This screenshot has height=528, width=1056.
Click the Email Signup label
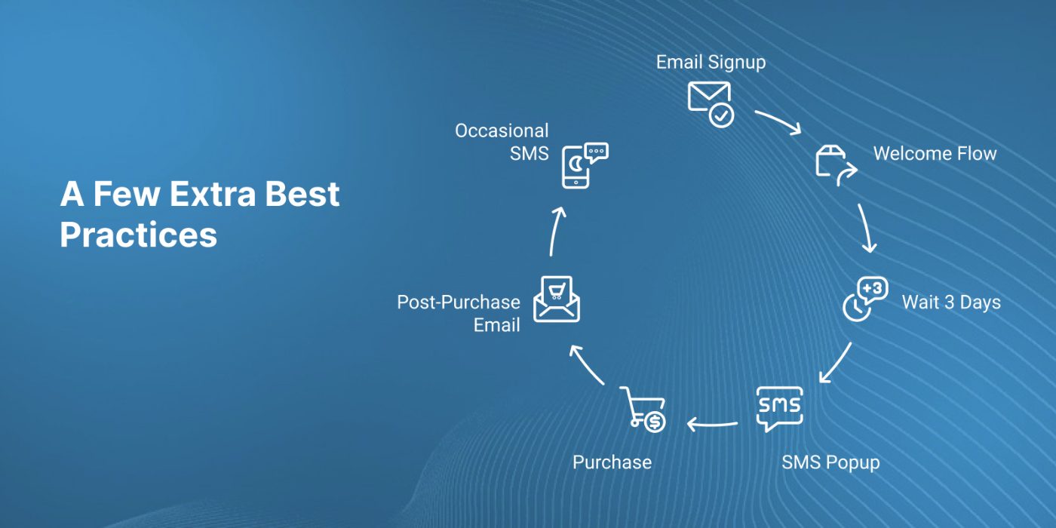point(711,63)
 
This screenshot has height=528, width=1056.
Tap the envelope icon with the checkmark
point(710,104)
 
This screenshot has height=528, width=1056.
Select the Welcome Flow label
point(935,154)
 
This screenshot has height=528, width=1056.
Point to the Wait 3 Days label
point(951,302)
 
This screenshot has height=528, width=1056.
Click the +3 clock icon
point(865,299)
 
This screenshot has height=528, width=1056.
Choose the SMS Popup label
point(830,462)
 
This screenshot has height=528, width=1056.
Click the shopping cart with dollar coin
point(642,409)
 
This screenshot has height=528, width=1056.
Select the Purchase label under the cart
point(612,462)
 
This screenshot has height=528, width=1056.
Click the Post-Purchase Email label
point(459,314)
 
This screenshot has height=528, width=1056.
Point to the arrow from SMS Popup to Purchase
point(712,424)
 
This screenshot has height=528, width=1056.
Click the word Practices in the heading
point(138,235)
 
